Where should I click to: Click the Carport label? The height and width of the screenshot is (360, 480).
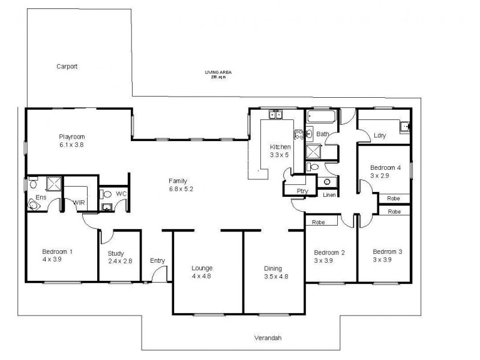pos(67,67)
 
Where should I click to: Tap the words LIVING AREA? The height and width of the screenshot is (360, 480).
pos(218,73)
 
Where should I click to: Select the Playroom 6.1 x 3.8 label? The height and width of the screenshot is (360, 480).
pos(71,141)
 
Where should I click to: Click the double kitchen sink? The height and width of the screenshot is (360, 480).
pos(275,114)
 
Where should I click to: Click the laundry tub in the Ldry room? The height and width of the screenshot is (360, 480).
pos(406,126)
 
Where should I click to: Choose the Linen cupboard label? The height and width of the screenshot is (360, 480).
pos(329,195)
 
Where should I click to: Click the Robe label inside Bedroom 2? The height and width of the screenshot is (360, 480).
pos(318,222)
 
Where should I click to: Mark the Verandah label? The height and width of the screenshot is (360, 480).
pos(268,338)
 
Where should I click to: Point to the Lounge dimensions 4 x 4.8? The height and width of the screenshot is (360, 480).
pos(202,277)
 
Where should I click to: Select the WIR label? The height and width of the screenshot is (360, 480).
pos(79,203)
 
